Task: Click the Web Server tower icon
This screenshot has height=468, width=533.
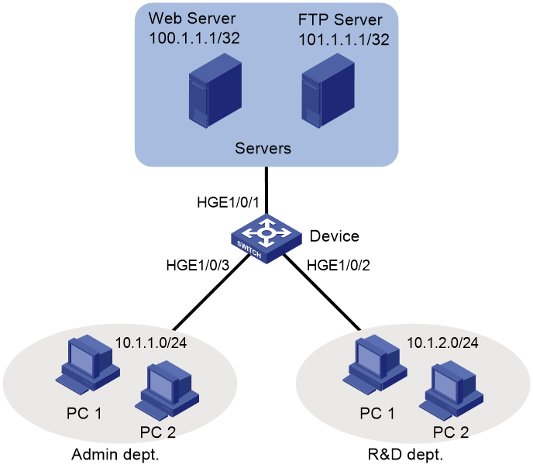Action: [215, 91]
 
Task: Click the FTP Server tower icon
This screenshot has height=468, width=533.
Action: [328, 91]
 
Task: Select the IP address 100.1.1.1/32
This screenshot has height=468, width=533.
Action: [194, 38]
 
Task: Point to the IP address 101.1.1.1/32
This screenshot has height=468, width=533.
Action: [344, 40]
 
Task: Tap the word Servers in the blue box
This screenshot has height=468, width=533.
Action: [263, 149]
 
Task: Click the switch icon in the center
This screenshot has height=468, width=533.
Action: [266, 239]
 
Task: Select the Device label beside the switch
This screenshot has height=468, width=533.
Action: [335, 236]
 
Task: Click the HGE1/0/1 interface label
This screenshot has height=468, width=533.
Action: [228, 202]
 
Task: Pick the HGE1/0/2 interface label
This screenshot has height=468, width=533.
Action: [339, 265]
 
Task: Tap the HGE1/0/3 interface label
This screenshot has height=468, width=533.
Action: [198, 265]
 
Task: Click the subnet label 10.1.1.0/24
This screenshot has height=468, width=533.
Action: [151, 342]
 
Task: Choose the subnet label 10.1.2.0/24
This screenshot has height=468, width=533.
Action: [442, 342]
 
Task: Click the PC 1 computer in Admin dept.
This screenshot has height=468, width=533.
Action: [88, 365]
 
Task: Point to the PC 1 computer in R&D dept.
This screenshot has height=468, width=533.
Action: [375, 365]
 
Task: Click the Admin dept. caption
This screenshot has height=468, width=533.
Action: [115, 455]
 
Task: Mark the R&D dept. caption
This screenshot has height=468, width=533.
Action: [405, 455]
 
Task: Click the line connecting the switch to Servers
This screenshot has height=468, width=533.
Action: [266, 191]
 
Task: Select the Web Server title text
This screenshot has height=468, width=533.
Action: [192, 19]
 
